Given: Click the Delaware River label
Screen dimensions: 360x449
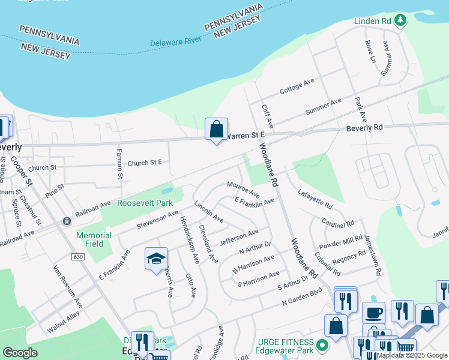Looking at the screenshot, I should coord(175,41).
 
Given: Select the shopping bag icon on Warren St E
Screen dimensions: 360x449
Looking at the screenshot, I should coord(216,129).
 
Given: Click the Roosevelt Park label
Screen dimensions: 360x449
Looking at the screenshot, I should coord(145,203).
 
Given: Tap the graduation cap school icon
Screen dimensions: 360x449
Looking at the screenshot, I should coord(156,259).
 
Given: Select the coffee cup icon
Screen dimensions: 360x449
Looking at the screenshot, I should coord(373,313).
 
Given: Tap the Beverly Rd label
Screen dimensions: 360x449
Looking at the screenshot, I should coord(364,128).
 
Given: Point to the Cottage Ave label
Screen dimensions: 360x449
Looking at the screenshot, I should coord(297,86).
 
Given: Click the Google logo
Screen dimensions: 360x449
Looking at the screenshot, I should coord(20,352).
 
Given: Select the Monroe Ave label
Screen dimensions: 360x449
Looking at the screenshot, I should coord(243,190).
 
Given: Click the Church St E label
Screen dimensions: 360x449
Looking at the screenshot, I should coord(145,163).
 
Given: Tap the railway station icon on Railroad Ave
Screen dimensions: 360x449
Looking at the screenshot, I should coord(66,221).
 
